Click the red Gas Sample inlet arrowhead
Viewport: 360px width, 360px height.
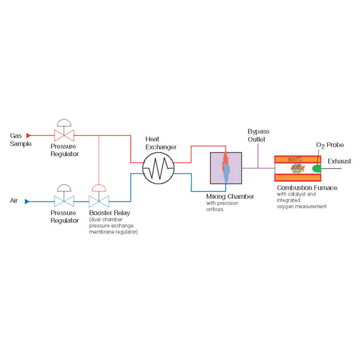(28, 136)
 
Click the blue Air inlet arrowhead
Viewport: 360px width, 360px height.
(27, 202)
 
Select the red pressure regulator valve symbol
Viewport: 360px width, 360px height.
(64, 136)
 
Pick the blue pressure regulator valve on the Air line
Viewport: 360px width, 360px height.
(64, 202)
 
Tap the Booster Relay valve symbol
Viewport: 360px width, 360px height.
(99, 202)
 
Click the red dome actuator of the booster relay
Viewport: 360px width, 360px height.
(99, 188)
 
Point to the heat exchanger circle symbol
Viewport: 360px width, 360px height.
(158, 168)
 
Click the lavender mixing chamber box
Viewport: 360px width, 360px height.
(226, 168)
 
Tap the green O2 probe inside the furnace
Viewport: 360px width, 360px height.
(316, 168)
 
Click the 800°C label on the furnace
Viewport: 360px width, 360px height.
(295, 160)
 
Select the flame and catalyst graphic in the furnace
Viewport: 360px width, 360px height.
(298, 169)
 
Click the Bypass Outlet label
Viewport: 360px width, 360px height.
(258, 136)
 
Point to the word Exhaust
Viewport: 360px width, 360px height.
(340, 161)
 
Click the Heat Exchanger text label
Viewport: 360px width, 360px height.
(161, 143)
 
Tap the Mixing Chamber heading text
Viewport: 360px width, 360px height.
(230, 197)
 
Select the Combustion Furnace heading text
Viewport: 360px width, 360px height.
(307, 188)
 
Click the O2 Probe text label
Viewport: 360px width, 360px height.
(330, 145)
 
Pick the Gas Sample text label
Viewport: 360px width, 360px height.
(20, 140)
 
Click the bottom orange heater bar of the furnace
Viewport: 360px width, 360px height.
(298, 178)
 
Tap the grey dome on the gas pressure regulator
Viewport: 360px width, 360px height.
(64, 123)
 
